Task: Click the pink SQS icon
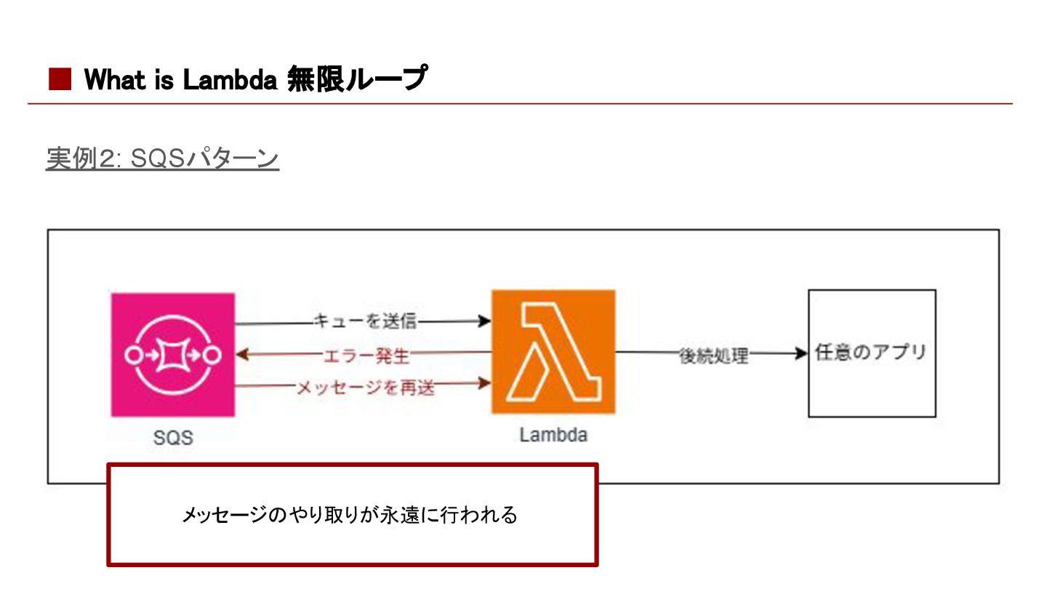pos(173,355)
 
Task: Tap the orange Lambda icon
pos(553,352)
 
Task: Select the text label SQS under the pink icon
pos(173,438)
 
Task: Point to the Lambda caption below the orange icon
pos(553,435)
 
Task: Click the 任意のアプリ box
pos(872,353)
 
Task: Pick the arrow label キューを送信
pos(365,321)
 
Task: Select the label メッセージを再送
pos(366,388)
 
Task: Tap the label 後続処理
pos(713,356)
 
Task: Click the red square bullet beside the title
pos(60,79)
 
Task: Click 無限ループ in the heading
pos(356,79)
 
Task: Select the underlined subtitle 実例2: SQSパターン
pos(162,159)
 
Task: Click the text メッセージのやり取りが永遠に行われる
pos(350,516)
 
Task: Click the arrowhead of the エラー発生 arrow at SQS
pos(243,355)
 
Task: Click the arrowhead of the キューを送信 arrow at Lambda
pos(485,321)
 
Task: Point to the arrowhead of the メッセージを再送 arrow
pos(485,385)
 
